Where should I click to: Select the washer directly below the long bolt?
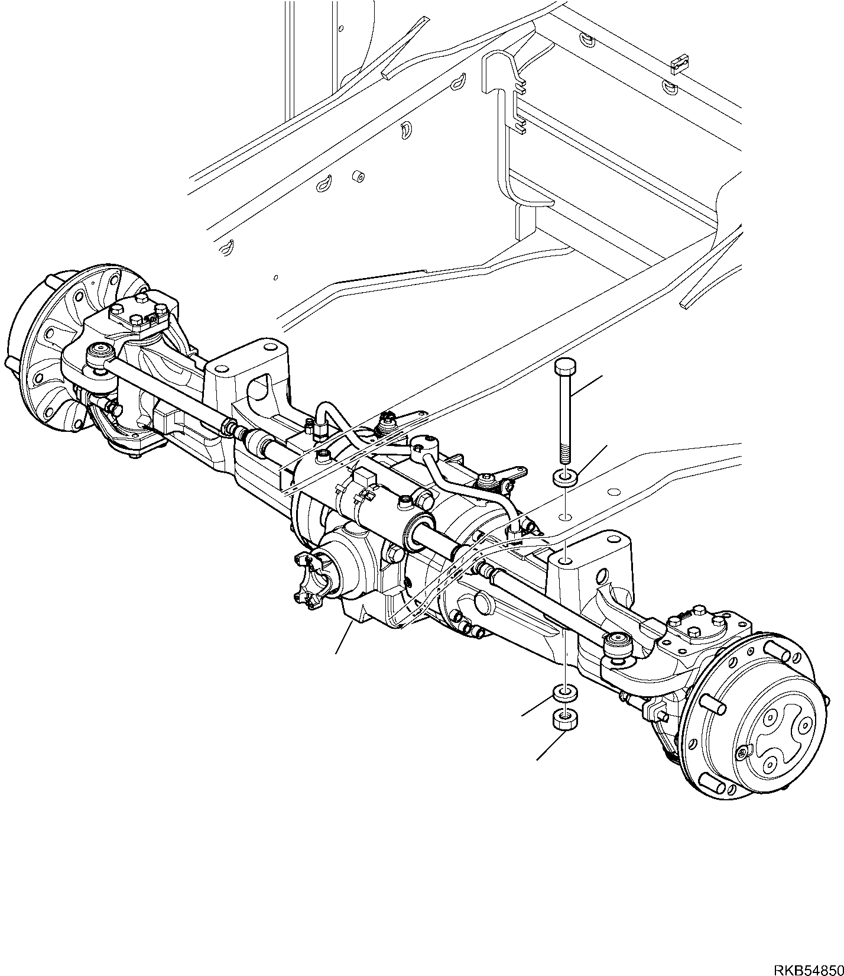[564, 477]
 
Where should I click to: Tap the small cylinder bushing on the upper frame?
[357, 176]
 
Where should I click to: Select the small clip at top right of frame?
[681, 62]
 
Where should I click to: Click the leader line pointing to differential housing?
[345, 638]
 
